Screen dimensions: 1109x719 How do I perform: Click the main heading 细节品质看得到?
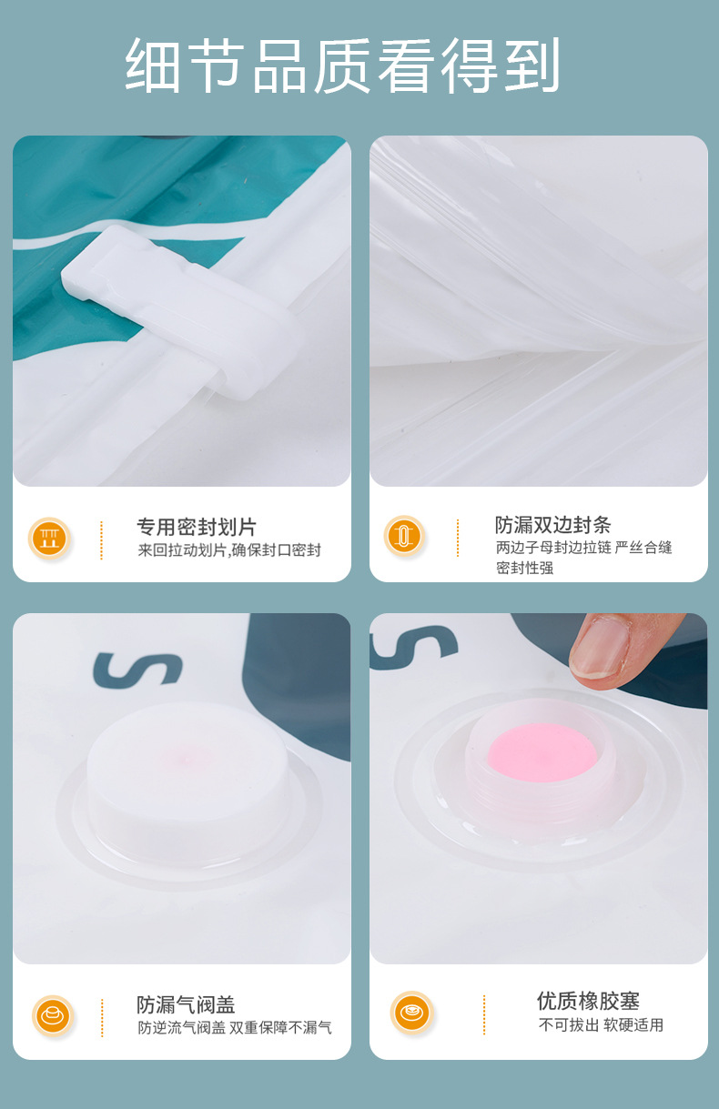[x=342, y=66]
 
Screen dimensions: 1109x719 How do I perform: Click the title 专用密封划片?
[x=197, y=527]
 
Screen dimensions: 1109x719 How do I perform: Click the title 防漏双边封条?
[x=552, y=525]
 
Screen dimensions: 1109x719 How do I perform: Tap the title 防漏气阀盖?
[x=186, y=1004]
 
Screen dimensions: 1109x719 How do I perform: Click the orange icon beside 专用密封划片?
[x=49, y=538]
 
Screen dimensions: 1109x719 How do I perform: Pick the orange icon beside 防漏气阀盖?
[x=53, y=1014]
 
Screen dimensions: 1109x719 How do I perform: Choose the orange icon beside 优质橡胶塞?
[x=411, y=1012]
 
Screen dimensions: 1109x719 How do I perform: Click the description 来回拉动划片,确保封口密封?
[x=229, y=550]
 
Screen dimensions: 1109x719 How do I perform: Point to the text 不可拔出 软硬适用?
[x=601, y=1025]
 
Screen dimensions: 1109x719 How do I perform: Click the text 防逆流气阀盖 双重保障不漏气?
[x=235, y=1028]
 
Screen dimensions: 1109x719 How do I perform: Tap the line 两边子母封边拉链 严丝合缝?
[x=583, y=548]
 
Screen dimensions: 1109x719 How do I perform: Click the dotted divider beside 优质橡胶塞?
[x=484, y=1013]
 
